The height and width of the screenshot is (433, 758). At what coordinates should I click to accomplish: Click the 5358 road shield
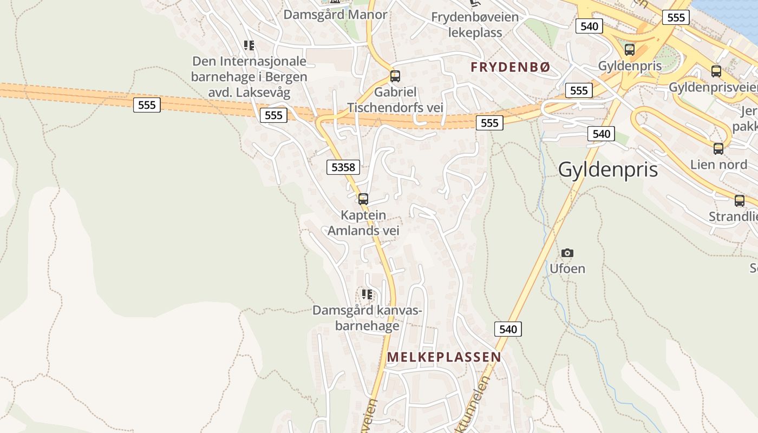[x=343, y=167]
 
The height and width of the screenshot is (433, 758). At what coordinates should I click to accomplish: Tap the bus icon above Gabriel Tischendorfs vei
[x=395, y=76]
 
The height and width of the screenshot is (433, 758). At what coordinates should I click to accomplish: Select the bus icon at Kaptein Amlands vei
[x=363, y=199]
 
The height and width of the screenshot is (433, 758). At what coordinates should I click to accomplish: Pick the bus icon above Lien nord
[x=718, y=148]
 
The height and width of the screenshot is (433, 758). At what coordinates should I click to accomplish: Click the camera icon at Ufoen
[x=567, y=253]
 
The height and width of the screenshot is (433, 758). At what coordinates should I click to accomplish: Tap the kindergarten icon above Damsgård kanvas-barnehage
[x=367, y=294]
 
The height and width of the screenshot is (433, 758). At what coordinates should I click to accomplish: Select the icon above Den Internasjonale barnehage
[x=249, y=45]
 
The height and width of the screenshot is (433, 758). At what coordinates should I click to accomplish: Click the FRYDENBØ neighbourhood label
[x=511, y=67]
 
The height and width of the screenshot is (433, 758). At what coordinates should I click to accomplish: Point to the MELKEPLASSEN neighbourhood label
[x=444, y=357]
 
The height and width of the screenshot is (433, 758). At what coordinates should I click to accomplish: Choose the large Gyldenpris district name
[x=608, y=169]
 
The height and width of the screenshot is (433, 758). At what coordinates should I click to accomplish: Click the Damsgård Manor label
[x=336, y=15]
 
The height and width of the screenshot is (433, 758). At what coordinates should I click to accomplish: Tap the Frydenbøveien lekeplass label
[x=475, y=25]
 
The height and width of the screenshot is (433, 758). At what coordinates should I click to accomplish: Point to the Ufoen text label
[x=567, y=268]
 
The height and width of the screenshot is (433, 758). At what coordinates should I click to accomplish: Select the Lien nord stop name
[x=718, y=164]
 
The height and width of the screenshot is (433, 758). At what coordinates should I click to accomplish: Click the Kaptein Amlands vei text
[x=363, y=223]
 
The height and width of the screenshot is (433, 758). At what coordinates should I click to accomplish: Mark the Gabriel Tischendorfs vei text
[x=395, y=100]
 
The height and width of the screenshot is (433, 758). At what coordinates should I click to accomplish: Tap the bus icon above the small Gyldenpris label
[x=630, y=50]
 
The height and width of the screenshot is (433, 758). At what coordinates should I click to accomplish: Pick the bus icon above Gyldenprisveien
[x=716, y=71]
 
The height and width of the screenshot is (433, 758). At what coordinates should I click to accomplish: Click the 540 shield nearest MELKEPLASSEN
[x=508, y=329]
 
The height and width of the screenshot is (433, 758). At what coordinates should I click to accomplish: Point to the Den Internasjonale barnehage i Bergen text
[x=249, y=77]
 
